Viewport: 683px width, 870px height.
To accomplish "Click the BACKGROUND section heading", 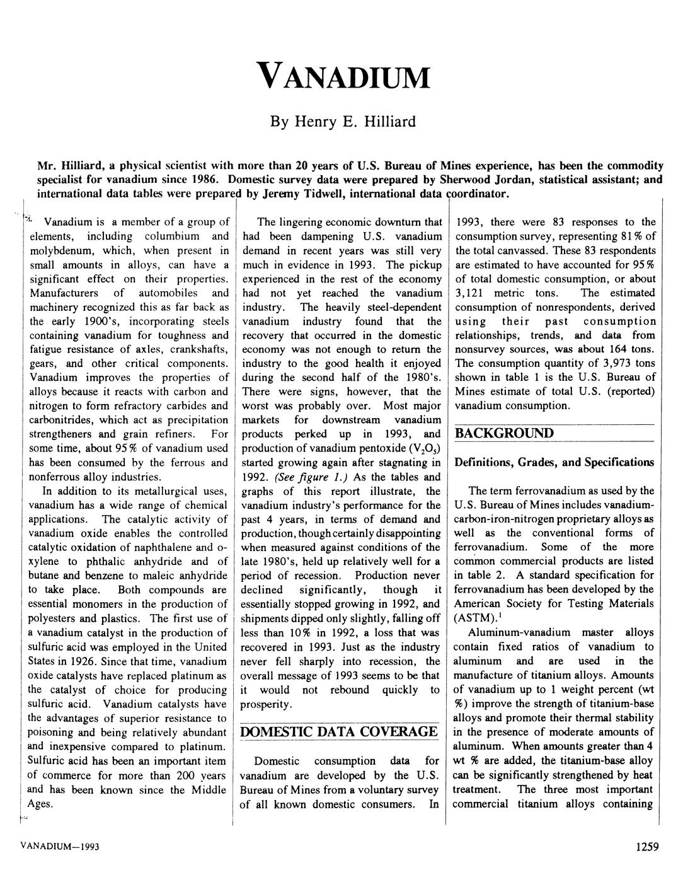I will coord(505,433).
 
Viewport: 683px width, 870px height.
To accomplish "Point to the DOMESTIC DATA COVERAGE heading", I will coord(340,731).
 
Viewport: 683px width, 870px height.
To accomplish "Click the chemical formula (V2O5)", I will coord(424,448).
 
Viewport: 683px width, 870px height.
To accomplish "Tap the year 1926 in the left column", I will coord(142,661).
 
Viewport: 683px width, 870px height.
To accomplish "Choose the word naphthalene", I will coord(177,547).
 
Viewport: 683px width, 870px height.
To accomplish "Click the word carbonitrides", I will coord(61,420).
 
